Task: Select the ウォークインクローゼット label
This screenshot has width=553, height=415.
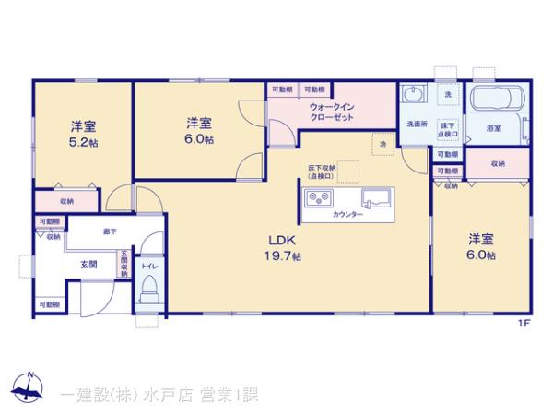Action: [332, 113]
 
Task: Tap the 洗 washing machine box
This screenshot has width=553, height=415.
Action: [448, 95]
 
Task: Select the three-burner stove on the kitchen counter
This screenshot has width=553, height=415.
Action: [320, 196]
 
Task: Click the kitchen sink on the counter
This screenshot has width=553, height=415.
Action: [375, 196]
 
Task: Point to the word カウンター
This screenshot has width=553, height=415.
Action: [347, 214]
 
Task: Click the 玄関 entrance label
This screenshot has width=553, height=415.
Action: [88, 265]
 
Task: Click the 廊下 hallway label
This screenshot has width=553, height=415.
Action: [110, 231]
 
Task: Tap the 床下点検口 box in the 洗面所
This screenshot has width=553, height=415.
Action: [448, 129]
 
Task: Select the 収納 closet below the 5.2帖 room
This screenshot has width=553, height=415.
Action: [67, 200]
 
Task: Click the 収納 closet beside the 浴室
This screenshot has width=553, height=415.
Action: [498, 163]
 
